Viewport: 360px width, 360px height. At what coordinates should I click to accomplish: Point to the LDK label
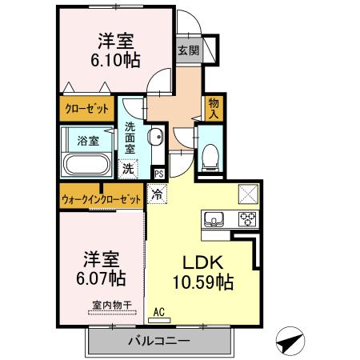click(202, 263)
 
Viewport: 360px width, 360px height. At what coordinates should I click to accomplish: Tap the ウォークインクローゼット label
click(101, 198)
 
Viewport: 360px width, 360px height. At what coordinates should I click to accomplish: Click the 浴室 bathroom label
click(87, 141)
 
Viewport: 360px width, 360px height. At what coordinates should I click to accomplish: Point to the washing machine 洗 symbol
click(128, 169)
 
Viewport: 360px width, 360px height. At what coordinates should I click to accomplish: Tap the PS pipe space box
click(159, 173)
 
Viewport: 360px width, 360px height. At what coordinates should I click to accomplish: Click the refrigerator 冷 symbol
click(158, 193)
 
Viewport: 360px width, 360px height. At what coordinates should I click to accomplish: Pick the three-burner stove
click(246, 218)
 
